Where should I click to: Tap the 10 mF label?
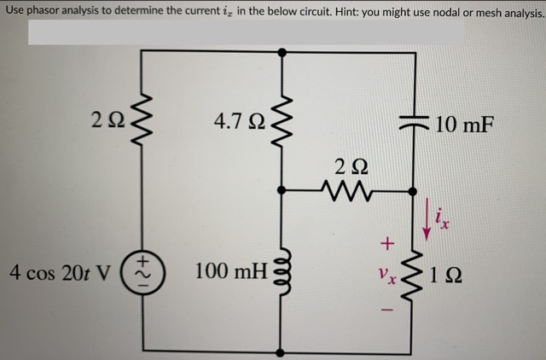464,125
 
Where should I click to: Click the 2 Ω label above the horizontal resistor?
346,165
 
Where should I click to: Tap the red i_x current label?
444,224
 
